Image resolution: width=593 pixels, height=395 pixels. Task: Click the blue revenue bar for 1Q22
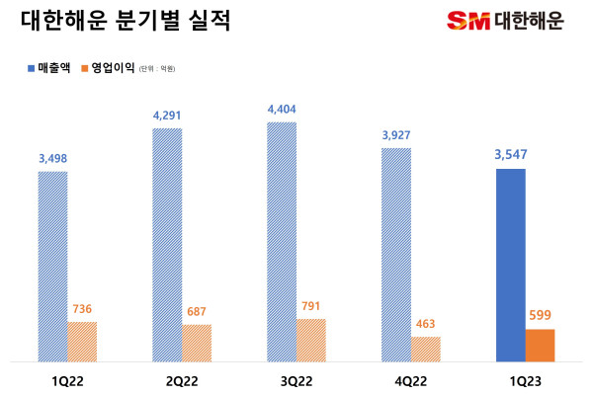pyautogui.click(x=52, y=266)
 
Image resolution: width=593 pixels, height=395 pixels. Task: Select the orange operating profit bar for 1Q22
pyautogui.click(x=82, y=341)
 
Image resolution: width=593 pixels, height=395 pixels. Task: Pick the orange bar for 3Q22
pyautogui.click(x=311, y=340)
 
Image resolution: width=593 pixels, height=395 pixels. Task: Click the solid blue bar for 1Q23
pyautogui.click(x=511, y=265)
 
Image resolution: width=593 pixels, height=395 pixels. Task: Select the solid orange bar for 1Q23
pyautogui.click(x=540, y=345)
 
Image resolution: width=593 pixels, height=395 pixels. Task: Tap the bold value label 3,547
pyautogui.click(x=511, y=153)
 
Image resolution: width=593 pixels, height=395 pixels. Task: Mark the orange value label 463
pyautogui.click(x=426, y=324)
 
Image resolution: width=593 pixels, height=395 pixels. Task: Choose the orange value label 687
pyautogui.click(x=197, y=312)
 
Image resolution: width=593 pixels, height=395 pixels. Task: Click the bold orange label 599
pyautogui.click(x=540, y=315)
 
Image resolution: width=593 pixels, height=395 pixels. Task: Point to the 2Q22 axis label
pyautogui.click(x=182, y=378)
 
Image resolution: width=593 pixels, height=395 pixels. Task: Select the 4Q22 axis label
pyautogui.click(x=411, y=378)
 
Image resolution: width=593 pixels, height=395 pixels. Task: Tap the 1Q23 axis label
pyautogui.click(x=526, y=378)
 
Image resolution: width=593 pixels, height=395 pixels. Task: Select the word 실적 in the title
pyautogui.click(x=209, y=21)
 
